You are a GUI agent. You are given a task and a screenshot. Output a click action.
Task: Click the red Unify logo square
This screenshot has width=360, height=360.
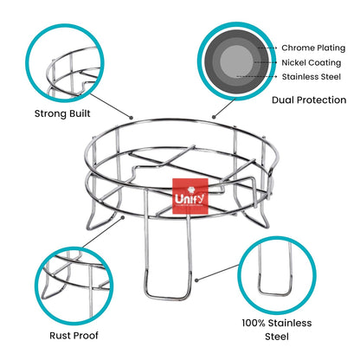190,196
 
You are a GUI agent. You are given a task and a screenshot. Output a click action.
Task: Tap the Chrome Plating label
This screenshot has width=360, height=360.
313,48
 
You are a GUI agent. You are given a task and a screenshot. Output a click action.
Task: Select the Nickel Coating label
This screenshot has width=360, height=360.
312,62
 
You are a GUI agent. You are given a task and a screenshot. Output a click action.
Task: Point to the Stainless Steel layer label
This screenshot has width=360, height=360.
312,77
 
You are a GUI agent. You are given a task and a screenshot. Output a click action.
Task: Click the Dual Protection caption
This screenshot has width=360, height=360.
309,100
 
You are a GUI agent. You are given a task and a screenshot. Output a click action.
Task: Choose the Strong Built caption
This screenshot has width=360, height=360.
62,113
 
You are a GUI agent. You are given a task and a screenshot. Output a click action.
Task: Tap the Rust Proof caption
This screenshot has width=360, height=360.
74,335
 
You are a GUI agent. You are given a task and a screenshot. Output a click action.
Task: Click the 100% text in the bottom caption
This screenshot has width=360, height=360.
254,323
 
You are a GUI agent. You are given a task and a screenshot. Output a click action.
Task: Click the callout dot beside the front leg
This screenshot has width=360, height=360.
196,280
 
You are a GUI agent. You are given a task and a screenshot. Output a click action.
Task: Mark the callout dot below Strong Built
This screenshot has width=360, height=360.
131,118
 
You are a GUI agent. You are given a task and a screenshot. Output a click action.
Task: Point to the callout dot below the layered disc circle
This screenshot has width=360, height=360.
214,117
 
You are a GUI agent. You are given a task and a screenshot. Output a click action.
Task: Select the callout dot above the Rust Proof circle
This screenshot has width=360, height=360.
123,217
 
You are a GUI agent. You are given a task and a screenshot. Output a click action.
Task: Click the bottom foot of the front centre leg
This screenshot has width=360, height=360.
168,298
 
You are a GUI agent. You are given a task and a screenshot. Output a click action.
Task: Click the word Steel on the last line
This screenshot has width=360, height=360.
277,337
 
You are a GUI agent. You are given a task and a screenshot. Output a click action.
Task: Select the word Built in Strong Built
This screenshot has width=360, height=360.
80,113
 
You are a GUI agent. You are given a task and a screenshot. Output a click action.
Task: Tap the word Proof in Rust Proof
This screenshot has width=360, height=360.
86,335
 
